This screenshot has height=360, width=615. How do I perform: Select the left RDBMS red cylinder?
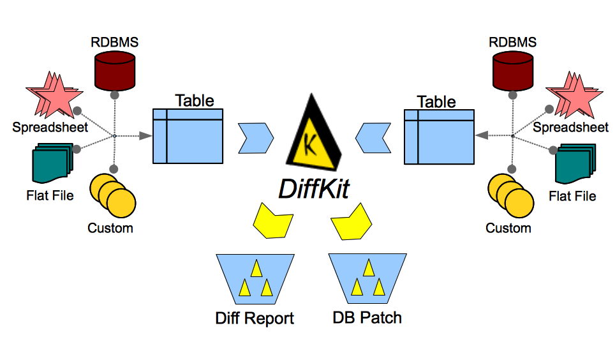point(115,71)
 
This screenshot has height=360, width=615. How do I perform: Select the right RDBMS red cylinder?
point(513,71)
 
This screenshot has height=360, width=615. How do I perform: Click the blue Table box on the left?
point(188,135)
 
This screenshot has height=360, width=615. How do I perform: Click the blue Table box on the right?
point(438,135)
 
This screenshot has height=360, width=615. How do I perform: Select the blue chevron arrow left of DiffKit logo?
point(255,137)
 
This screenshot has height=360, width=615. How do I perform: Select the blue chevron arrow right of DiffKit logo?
point(373,137)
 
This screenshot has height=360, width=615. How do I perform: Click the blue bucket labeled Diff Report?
point(255,278)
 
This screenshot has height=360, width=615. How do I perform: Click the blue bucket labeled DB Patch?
point(367,277)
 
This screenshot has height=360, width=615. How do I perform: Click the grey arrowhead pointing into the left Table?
point(145,135)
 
